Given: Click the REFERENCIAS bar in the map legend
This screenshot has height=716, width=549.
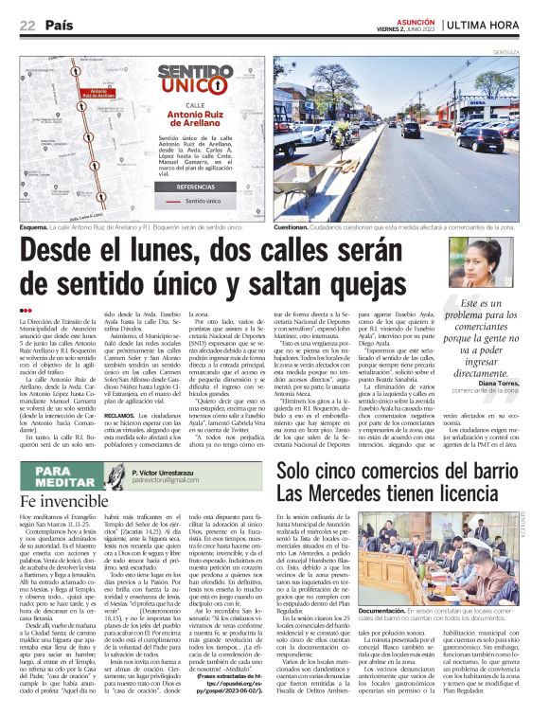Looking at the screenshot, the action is point(196,187).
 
